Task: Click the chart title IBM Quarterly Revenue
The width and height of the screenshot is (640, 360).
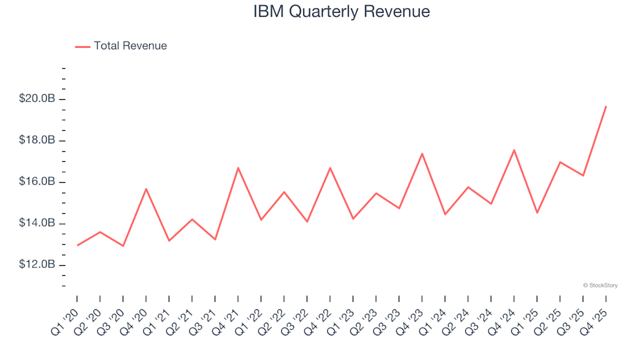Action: point(341,11)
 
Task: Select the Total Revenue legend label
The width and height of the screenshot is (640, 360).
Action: point(130,46)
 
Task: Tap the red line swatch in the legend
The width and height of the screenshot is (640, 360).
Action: point(83,47)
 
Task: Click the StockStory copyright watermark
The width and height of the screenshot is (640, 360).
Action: point(600,285)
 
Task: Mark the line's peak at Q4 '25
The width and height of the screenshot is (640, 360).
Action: point(605,107)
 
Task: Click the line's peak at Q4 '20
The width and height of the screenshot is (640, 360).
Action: point(146,189)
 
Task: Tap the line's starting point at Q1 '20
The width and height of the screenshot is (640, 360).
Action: point(77,245)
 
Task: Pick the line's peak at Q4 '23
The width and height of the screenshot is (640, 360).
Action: point(422,153)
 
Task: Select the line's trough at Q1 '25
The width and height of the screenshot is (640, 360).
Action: point(537,213)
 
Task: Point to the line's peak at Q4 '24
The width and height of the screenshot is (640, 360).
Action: point(514,150)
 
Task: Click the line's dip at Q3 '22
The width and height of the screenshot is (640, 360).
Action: point(307,221)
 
